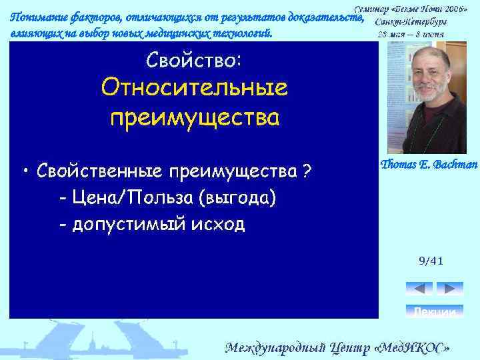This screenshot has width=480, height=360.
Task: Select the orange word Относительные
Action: (193, 89)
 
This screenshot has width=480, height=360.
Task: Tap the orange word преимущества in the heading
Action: (193, 117)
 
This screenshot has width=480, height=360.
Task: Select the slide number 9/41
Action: (431, 261)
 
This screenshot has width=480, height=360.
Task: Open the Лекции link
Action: (434, 312)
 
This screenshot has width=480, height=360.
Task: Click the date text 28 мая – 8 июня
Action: (411, 34)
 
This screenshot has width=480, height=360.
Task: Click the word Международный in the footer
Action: (274, 348)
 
